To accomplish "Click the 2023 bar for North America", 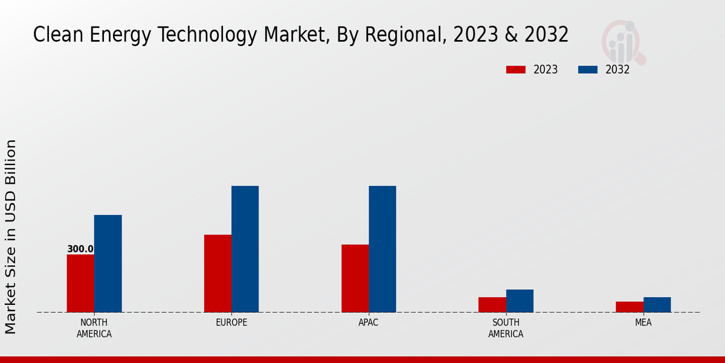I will coord(80,283).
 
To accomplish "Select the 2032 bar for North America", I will coord(108,264).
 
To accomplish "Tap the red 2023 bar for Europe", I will coord(217,273).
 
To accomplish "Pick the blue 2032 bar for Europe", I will coord(245,249).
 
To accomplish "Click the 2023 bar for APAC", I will coord(355,278).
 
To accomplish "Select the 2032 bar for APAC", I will coord(382,249).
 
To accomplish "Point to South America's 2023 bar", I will coord(492,304).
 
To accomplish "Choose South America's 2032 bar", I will coord(520,301).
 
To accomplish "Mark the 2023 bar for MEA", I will coord(629,307).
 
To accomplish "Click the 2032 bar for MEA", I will coord(657,304).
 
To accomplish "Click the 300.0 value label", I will coord(80,249).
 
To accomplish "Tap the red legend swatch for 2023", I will coord(516,70).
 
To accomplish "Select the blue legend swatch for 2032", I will coord(588,70).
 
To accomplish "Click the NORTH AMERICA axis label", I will coord(94,328).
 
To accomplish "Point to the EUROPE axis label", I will coord(231,322).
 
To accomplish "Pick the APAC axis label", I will coord(369,322).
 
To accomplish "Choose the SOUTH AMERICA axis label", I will coord(506,328).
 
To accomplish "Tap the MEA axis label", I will coord(643,322).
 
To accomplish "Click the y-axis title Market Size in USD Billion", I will coord(11,236).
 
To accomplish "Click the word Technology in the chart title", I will coord(209,35).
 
